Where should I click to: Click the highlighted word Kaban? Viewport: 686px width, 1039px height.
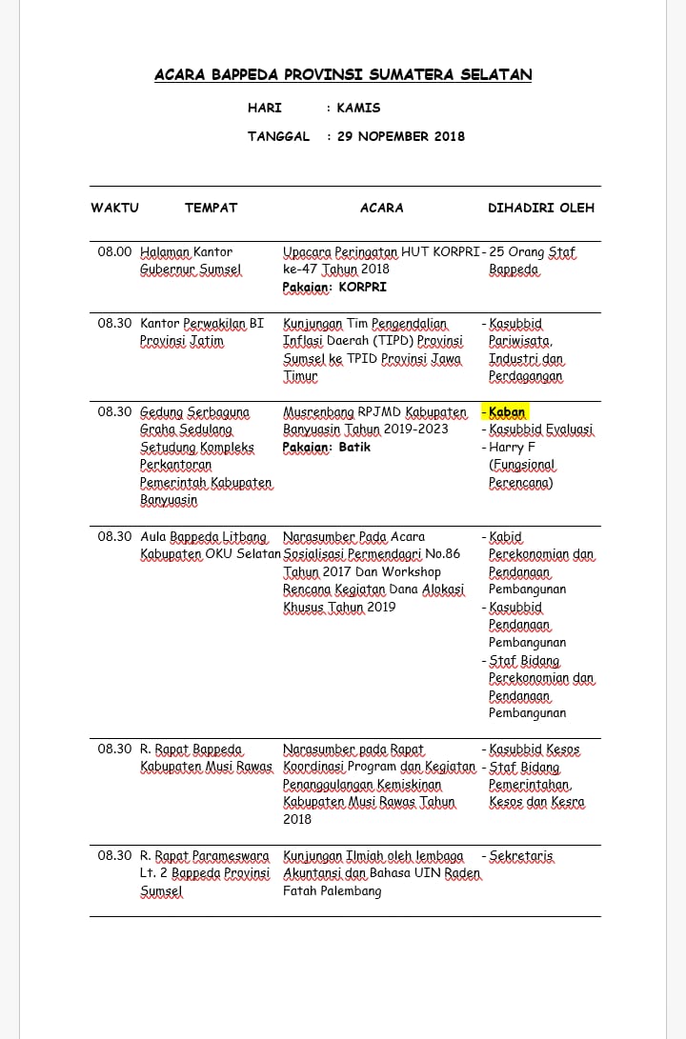coord(507,412)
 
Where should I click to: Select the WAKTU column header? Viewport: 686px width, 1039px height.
coord(114,208)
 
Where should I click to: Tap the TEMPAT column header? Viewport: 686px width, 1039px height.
coord(211,208)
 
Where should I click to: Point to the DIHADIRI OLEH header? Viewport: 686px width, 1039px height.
coord(541,208)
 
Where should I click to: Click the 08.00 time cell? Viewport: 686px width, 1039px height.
coord(114,252)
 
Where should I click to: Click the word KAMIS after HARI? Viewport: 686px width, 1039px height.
coord(358,109)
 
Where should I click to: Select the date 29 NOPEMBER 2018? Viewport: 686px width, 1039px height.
coord(401,136)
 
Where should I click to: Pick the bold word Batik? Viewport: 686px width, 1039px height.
coord(354,447)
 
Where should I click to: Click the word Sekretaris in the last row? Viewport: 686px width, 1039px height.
coord(520,856)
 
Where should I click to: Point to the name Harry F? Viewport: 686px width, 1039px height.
coord(513,447)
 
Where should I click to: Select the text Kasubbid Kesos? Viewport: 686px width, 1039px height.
coord(534,749)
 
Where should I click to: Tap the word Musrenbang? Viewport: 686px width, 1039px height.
coord(318,412)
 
